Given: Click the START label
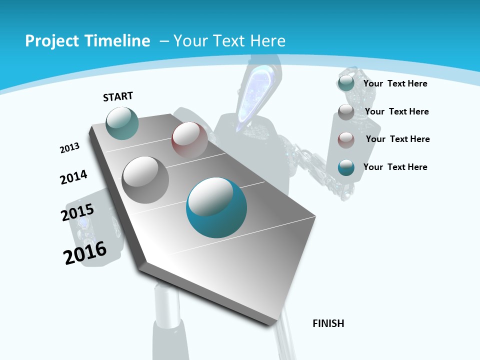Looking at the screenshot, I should tap(118, 96).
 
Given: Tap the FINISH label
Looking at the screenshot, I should tap(328, 323).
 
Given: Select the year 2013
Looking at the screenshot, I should tap(69, 148).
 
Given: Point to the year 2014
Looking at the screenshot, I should tap(73, 177).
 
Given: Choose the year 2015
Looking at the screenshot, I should tap(77, 212).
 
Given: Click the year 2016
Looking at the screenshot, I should tap(85, 252).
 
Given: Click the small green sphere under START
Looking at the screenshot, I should tap(122, 123).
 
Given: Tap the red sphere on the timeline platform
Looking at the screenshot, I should tap(189, 139).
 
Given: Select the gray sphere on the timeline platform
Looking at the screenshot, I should tap(145, 179).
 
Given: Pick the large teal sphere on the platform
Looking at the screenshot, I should tap(216, 207).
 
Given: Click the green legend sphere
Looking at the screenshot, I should tap(346, 83).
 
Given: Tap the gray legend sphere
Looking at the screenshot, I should tap(346, 112).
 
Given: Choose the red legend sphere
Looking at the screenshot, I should tap(346, 140).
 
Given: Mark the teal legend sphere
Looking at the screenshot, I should tap(346, 167).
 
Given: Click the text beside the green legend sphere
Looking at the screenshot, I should tap(395, 83).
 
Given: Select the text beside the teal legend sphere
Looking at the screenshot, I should tap(395, 167).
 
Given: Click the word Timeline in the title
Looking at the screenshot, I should tap(118, 41).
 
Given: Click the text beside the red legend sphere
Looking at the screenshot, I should tap(397, 139).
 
